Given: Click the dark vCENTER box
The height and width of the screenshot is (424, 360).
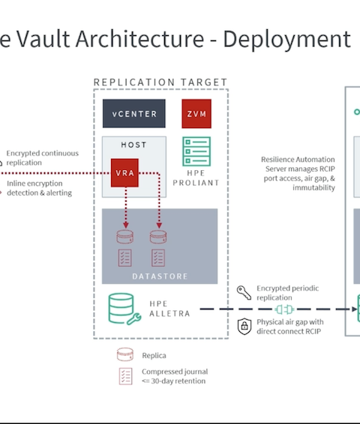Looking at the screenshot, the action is coord(134,114).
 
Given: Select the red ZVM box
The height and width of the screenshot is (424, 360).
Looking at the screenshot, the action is coord(196,114).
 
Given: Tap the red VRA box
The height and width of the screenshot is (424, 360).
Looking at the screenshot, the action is coord(124,173).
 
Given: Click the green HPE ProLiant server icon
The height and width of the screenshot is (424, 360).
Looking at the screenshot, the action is coord(196,151).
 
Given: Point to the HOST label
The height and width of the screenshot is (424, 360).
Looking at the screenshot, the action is coord(133,145).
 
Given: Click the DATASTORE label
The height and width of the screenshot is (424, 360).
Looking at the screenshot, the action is coord(160,276).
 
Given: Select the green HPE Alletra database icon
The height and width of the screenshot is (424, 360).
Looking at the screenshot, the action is coord(124,309).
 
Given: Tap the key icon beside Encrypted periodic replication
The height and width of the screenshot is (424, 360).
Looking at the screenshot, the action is coord(244,293).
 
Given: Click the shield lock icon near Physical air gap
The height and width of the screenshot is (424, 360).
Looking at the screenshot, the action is coord(244,327).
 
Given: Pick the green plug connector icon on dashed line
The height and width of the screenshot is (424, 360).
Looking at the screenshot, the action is coord(284,309).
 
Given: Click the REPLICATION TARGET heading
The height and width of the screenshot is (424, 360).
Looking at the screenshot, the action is coord(160,82).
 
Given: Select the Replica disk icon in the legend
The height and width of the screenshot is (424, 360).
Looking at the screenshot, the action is coord(125,354).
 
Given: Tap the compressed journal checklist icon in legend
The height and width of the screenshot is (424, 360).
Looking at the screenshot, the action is coord(125,376).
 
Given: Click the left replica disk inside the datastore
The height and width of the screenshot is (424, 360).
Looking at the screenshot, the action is coord(124,237).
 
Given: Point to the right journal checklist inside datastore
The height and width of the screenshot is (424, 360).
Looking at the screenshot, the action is coord(158,258).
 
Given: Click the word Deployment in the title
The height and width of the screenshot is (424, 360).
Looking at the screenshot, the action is coord(287,40).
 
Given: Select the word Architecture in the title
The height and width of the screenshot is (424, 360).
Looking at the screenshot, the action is coord(139,39).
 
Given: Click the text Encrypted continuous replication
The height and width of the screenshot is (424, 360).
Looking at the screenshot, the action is coord(43,158).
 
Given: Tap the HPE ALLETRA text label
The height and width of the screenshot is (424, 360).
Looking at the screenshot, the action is coord(169,309).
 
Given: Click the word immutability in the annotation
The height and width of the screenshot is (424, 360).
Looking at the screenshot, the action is coord(313,188).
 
